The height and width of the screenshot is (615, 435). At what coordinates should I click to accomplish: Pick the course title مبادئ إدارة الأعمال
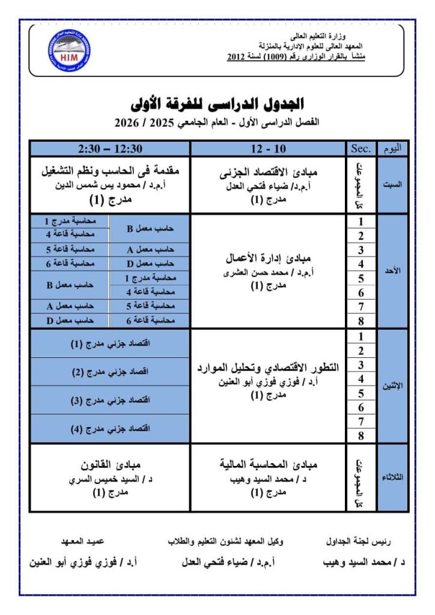click(x=267, y=259)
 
